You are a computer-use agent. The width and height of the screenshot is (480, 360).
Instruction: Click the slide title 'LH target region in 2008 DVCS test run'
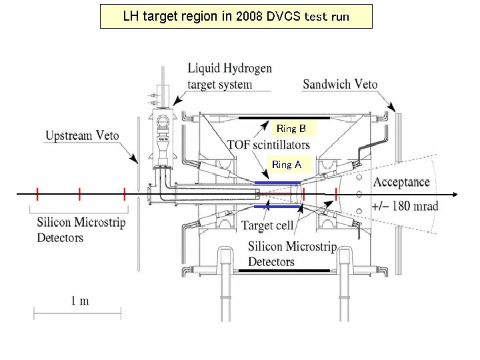coord(236,17)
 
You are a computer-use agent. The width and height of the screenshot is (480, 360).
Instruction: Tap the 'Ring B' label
coord(291,128)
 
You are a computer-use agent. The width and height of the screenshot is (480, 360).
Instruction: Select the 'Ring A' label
coord(286,165)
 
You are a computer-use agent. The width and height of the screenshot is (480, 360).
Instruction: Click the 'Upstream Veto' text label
coord(82,136)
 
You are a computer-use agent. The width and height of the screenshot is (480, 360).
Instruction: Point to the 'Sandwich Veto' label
coord(340,84)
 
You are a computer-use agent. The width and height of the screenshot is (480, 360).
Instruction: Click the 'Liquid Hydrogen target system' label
coord(229,76)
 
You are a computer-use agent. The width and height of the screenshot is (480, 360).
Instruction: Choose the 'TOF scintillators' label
coord(268,145)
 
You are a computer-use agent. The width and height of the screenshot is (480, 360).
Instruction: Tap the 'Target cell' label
coord(267,226)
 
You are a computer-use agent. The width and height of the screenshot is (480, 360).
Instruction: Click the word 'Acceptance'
coord(401,182)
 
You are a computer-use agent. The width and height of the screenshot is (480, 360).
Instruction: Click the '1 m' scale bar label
coord(79,301)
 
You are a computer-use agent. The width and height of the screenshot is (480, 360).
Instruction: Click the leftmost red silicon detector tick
coord(37,194)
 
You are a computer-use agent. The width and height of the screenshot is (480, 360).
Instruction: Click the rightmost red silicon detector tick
coord(336,194)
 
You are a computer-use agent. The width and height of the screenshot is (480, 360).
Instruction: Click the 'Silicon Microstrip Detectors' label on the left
coord(81,230)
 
